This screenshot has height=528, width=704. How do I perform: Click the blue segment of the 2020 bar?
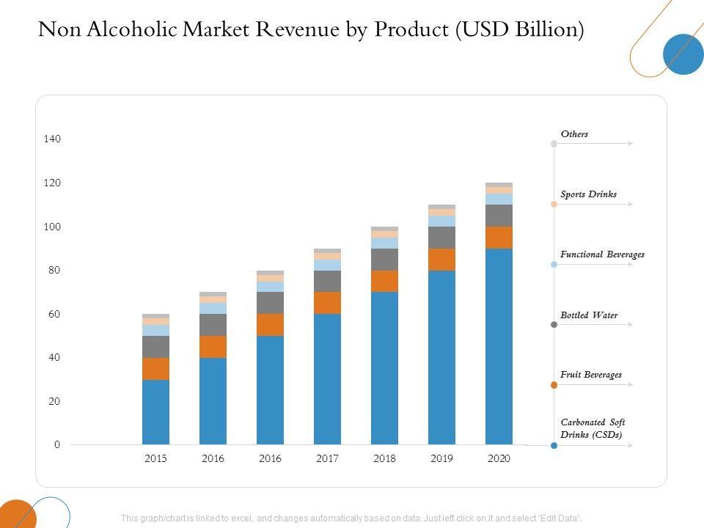click(499, 346)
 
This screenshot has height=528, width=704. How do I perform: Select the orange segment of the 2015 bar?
click(155, 368)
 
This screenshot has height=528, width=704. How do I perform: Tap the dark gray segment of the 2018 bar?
click(384, 259)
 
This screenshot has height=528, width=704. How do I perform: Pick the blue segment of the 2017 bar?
click(327, 378)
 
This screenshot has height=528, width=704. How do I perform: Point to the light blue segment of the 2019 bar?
click(441, 221)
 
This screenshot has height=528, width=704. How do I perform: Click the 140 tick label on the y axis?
click(51, 139)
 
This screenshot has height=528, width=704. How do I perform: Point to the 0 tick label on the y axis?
click(57, 445)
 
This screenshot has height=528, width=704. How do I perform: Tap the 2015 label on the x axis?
click(155, 458)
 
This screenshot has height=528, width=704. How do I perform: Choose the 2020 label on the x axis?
click(499, 458)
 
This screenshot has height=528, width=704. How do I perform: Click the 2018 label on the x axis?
click(384, 458)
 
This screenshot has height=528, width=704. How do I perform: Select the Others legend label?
click(574, 134)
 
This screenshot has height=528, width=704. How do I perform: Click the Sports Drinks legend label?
click(588, 194)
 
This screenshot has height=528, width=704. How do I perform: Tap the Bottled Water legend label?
click(589, 315)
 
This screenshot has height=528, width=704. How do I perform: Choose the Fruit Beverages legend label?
click(590, 375)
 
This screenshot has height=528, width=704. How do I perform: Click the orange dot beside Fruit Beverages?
click(554, 385)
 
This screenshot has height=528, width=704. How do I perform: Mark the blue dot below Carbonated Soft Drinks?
click(554, 445)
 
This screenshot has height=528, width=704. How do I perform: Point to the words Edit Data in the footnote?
click(562, 518)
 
